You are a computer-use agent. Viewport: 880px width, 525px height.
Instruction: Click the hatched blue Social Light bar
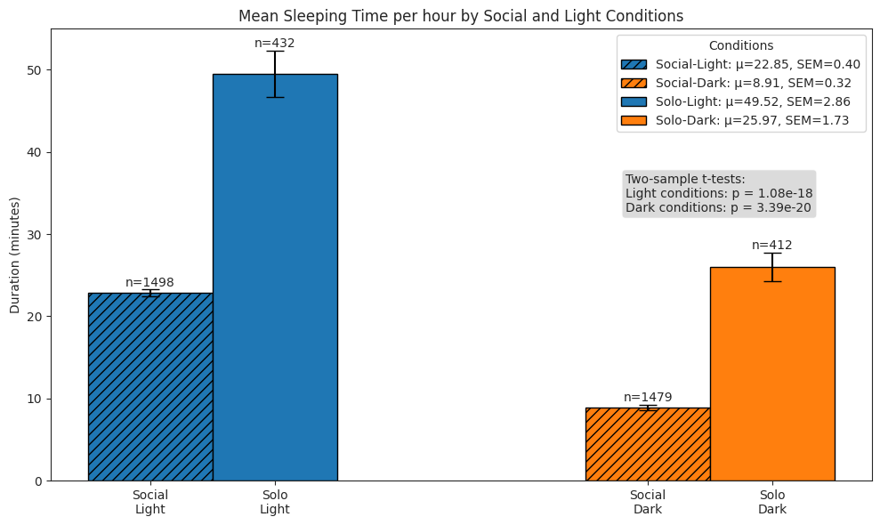150,386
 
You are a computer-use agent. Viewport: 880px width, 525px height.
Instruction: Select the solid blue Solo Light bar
275,277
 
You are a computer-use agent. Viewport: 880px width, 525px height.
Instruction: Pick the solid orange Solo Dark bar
772,374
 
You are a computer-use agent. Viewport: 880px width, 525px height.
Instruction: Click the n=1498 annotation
149,283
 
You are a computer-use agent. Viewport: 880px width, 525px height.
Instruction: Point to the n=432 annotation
274,43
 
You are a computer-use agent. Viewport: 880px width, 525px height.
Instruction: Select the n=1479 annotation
648,398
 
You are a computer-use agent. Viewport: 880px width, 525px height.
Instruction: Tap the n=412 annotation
771,246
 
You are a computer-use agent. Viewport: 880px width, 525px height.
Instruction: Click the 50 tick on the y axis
35,70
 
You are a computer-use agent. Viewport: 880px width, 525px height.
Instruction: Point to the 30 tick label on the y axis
35,235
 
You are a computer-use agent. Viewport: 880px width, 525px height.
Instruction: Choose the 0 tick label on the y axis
38,481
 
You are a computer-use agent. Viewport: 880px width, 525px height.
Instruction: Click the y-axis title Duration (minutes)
15,255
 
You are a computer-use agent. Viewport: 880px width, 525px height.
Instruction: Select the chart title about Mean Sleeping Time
461,16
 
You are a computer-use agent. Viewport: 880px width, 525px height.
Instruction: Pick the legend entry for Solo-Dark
739,120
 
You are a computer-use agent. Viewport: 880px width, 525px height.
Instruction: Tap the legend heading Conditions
740,45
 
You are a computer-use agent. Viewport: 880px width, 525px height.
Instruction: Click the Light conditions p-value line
719,193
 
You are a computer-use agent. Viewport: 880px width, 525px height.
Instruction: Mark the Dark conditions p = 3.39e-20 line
718,207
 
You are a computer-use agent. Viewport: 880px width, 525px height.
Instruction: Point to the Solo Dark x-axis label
772,502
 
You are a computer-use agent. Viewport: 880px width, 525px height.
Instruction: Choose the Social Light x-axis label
150,502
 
